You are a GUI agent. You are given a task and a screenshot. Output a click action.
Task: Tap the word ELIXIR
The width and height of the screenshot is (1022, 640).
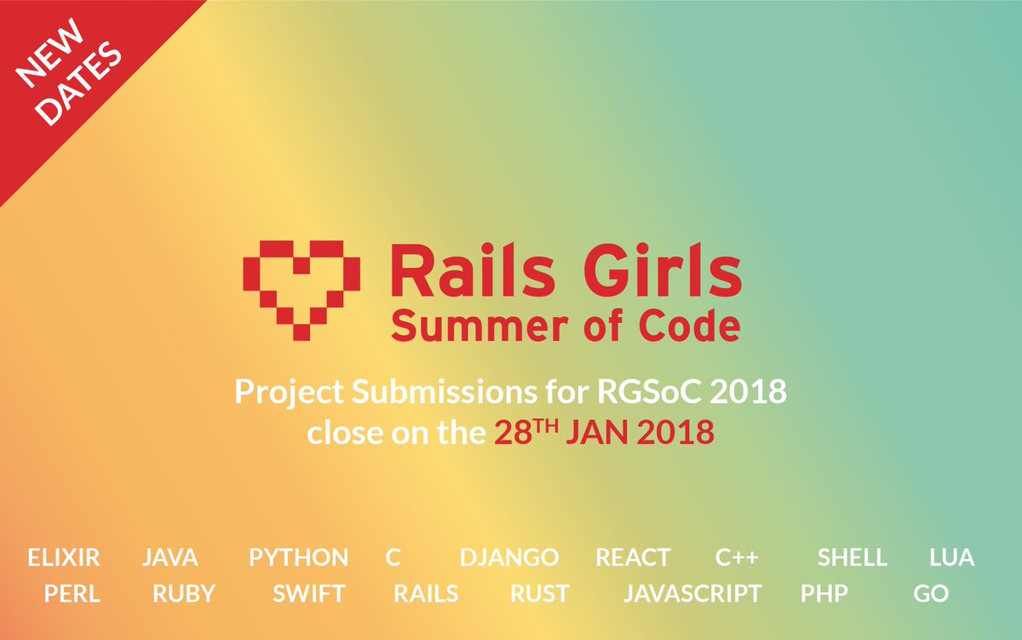tap(64, 558)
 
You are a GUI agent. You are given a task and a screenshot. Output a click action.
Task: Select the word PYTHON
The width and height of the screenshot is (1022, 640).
tap(298, 558)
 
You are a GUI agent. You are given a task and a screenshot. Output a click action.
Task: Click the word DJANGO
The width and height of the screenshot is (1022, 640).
tap(509, 558)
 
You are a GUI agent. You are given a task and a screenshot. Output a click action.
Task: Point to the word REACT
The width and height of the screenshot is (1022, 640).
tap(633, 558)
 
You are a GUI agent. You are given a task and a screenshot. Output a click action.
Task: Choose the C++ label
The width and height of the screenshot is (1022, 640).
tap(737, 558)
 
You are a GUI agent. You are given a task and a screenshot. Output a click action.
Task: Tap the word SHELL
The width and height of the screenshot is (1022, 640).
tap(853, 558)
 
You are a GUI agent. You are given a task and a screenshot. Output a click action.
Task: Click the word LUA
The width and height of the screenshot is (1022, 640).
tap(952, 558)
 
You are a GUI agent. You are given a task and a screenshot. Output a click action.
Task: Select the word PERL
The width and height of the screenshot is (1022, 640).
tap(72, 594)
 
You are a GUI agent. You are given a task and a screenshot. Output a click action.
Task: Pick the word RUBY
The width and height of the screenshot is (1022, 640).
tap(184, 594)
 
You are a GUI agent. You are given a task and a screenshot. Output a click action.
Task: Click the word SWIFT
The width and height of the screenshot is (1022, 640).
tap(309, 594)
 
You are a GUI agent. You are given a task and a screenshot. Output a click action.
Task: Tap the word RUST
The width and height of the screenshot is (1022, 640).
tap(540, 594)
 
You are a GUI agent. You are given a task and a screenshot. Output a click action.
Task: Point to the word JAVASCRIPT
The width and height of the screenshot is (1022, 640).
tap(692, 594)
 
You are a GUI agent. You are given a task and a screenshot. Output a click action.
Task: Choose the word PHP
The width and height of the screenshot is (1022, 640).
tap(824, 594)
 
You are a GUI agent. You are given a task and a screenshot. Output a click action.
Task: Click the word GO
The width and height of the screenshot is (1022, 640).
tap(931, 594)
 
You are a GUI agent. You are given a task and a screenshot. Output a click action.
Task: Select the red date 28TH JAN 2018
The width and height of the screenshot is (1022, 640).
tap(604, 432)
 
